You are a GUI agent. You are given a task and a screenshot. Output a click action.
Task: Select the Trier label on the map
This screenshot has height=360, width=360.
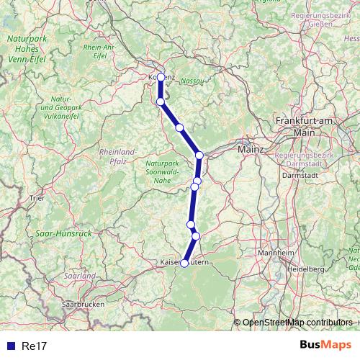tap(37, 196)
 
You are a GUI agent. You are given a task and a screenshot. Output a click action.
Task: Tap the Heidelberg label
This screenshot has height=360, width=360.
tap(307, 268)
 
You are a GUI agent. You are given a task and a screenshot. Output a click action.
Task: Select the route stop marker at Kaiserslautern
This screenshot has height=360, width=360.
tap(184, 264)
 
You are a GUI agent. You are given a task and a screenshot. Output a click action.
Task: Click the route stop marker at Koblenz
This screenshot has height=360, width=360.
tap(161, 75)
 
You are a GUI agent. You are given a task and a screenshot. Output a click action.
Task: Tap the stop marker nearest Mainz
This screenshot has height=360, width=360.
tap(199, 155)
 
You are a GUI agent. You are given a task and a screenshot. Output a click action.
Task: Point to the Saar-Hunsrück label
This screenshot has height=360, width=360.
tap(63, 234)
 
